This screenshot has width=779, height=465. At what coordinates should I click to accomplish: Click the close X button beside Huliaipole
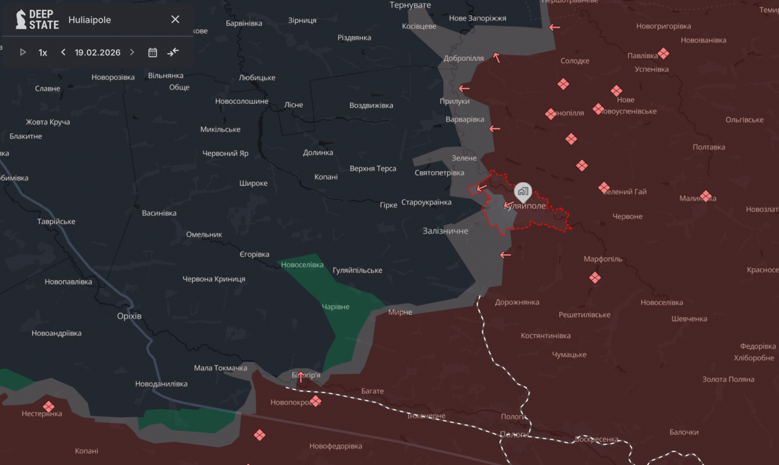tap(175, 19)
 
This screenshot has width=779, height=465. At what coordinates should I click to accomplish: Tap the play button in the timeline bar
tap(23, 52)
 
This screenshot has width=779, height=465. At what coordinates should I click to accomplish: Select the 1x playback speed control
tap(43, 53)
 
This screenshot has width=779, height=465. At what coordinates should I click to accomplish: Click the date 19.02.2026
tap(97, 52)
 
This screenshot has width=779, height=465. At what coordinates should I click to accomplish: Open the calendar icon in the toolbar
tap(152, 53)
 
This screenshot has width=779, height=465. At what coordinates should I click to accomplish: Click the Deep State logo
tap(37, 19)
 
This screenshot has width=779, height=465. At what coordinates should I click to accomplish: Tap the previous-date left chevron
tap(63, 52)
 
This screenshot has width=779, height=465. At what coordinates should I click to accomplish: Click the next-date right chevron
tap(132, 52)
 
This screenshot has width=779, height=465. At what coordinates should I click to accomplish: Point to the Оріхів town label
tap(129, 316)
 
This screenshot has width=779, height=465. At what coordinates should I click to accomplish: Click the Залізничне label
tap(445, 231)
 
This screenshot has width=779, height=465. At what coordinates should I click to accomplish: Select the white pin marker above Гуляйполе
tap(522, 192)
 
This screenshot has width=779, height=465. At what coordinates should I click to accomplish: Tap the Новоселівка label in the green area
tap(302, 265)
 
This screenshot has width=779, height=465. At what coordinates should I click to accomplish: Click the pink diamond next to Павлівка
tap(663, 54)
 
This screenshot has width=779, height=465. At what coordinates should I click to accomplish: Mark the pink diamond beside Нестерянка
tap(49, 407)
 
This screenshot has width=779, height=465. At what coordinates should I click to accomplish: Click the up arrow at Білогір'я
tap(300, 377)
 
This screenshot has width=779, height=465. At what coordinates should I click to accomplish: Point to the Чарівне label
tap(335, 307)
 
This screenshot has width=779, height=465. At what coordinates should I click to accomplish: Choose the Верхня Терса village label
tap(373, 169)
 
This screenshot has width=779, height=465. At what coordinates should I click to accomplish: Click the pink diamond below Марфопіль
tap(595, 278)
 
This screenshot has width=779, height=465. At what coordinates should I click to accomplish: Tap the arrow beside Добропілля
tap(497, 57)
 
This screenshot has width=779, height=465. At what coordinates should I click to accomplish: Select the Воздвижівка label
tap(371, 105)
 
